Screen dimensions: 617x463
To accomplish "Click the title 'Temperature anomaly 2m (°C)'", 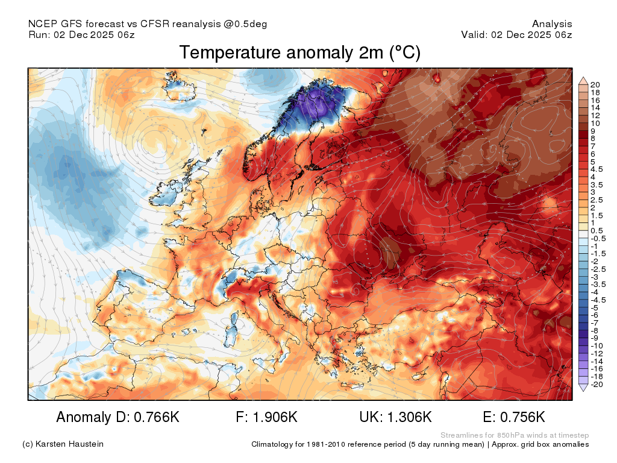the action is pos(300,53).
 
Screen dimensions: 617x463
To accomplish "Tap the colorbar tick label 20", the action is pos(595,84).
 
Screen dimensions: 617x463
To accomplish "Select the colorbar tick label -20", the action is pos(597,384).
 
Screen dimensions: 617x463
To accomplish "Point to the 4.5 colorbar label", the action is pos(597,169).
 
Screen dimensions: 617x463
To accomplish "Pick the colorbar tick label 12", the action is pos(595,115).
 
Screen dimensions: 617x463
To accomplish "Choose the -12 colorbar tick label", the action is pos(597,353).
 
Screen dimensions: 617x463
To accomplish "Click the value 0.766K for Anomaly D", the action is pos(157,417).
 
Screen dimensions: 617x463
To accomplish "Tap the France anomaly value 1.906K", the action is pos(275,417).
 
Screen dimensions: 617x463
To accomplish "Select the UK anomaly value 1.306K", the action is pos(410,417).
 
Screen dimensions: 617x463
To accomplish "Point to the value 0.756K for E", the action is pos(522,417).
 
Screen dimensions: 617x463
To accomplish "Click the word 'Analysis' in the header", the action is pos(552,24).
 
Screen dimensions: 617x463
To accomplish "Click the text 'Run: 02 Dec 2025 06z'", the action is pos(81,34).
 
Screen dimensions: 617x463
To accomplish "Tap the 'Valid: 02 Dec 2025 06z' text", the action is pos(516,34).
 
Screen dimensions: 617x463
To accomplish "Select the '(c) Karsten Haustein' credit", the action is pos(63,444).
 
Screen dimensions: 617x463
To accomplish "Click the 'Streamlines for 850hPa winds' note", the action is pos(495,435).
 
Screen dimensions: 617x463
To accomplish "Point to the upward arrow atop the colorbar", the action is pos(583,81).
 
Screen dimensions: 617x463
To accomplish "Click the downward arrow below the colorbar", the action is pos(583,388).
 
